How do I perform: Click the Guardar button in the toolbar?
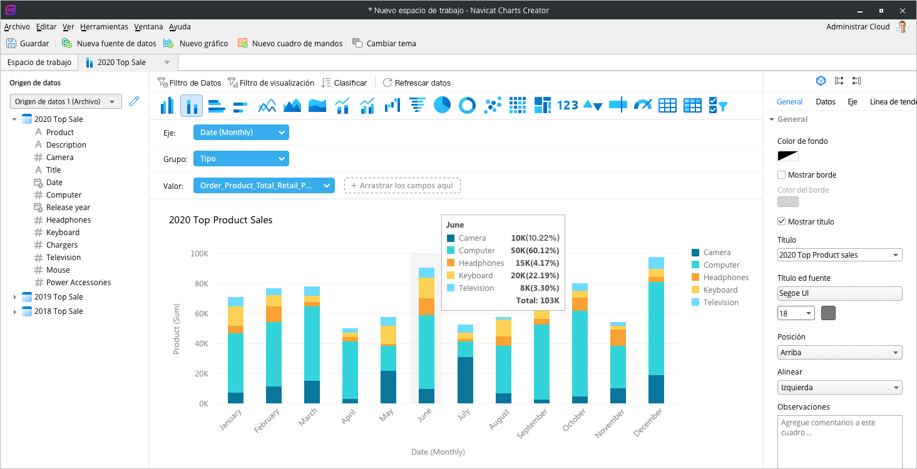28,44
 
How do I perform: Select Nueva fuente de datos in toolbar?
109,44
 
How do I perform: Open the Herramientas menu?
104,27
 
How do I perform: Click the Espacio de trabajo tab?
39,63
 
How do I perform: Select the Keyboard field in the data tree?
63,233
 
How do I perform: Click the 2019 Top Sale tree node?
58,297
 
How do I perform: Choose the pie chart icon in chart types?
442,105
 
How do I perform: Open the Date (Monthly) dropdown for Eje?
241,133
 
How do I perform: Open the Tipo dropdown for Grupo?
241,159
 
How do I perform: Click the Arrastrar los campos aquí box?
402,185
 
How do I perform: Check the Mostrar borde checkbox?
781,175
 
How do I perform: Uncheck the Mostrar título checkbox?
781,222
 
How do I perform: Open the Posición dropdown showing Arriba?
839,353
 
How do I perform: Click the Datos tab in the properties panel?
825,102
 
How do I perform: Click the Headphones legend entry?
725,278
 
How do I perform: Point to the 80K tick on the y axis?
199,284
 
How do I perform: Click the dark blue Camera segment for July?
465,380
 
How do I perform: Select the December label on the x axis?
649,423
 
